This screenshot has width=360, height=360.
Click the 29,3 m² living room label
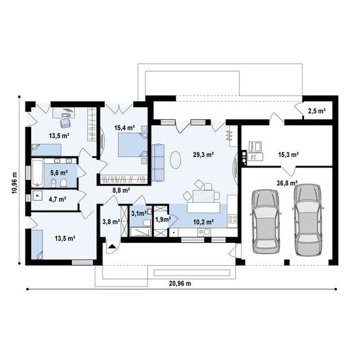coord(203,154)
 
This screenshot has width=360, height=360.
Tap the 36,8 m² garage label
coord(287,183)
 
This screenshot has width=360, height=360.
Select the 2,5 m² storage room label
coord(317,111)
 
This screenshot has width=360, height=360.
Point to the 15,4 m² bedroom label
coord(125,127)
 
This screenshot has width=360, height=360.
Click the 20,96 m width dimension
coord(180,283)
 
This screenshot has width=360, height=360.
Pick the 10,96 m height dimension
coord(15,183)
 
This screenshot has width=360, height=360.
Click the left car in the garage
coord(266,222)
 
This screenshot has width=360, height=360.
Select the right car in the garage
coord(308,220)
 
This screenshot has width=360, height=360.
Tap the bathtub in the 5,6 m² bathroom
coord(37,173)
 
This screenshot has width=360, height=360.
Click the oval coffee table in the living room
coord(176,160)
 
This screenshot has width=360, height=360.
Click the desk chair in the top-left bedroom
coord(65,123)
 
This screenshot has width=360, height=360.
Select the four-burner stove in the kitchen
coord(233,219)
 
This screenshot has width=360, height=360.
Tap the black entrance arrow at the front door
coord(112,246)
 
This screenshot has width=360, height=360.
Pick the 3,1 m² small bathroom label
coord(138,213)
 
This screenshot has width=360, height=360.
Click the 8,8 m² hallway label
coord(121,190)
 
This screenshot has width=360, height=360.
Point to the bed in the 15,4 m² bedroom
coord(133,145)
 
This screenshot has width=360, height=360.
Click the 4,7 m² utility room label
coord(57,199)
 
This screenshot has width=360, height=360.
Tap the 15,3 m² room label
coord(289,154)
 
